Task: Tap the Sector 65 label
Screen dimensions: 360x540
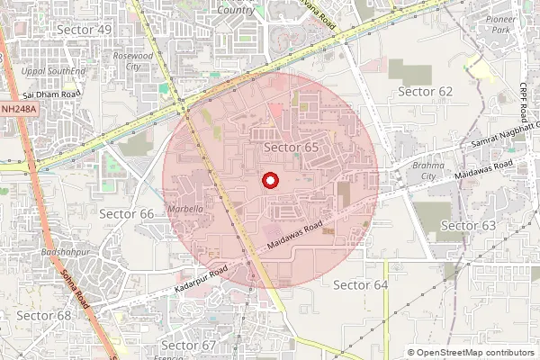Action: pos(292,147)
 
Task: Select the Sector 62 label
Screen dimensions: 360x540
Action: pos(425,92)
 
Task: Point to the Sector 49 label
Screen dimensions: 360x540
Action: pos(84,30)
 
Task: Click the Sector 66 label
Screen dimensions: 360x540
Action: pos(126,213)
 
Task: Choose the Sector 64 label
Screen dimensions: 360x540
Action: pos(360,284)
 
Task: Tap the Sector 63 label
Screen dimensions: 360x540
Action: pos(468,225)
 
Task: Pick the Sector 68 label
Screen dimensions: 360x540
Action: pos(43,315)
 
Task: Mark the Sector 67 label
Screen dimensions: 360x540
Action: pos(188,345)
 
